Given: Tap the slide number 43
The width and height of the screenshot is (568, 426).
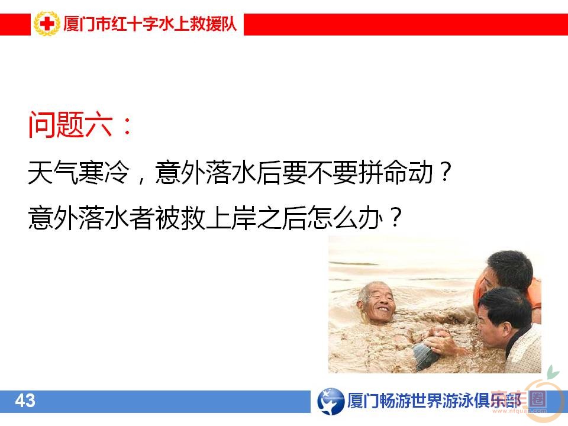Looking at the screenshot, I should tap(25, 401).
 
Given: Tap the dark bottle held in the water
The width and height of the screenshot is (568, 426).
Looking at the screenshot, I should tap(425, 355).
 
